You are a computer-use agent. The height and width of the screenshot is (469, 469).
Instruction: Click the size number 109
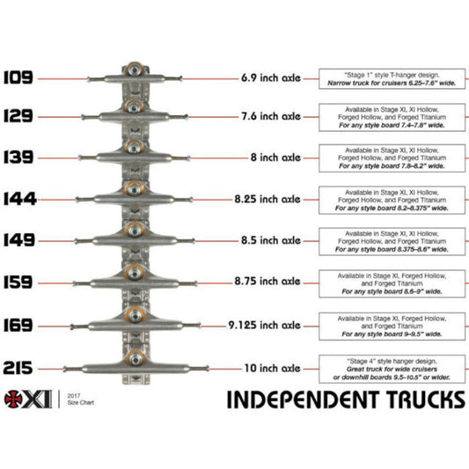[18, 77]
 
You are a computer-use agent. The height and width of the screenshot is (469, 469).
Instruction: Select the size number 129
[18, 116]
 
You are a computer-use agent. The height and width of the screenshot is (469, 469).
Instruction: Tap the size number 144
[18, 199]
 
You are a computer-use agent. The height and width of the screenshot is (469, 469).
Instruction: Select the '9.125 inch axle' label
[270, 326]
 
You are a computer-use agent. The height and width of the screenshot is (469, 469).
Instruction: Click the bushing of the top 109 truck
[134, 70]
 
